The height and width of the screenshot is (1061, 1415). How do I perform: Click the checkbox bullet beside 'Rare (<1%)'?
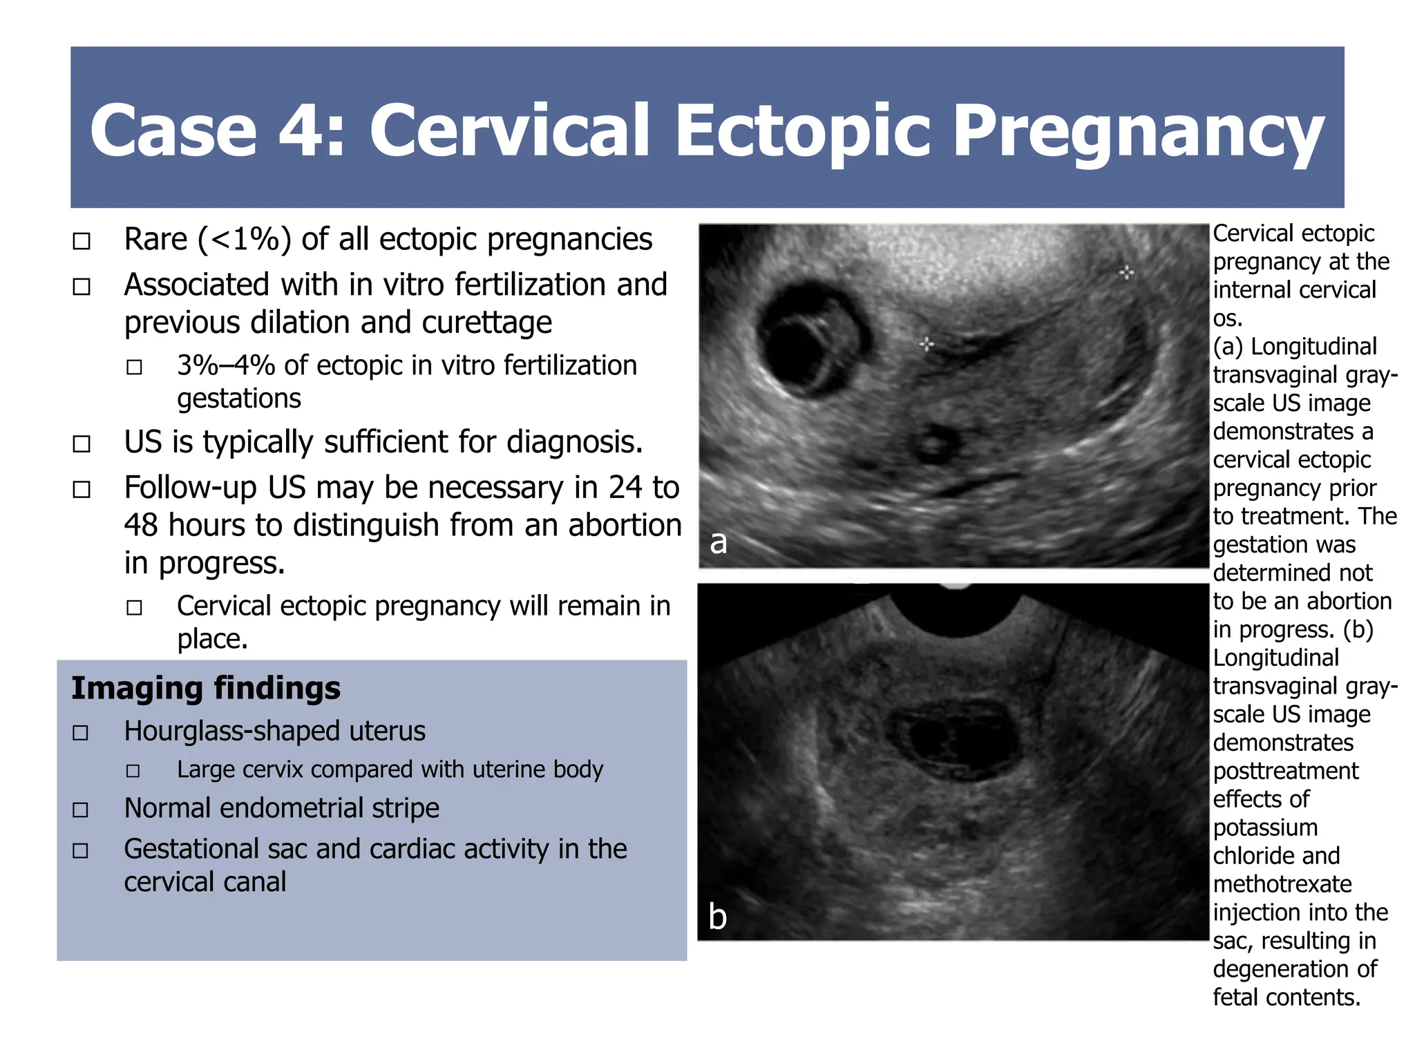(82, 241)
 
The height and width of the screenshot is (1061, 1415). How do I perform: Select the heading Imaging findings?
(206, 688)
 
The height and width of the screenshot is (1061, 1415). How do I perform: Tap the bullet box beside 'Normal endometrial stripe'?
(81, 810)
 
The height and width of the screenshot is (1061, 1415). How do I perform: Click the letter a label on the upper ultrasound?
(719, 542)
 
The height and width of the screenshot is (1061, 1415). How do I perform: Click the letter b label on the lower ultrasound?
(718, 917)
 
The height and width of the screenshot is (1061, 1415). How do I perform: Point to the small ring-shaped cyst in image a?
(934, 443)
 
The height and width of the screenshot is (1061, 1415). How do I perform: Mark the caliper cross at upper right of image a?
(1126, 272)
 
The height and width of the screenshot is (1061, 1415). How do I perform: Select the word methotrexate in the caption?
(1282, 884)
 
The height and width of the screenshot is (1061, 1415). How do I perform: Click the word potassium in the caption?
(1265, 828)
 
